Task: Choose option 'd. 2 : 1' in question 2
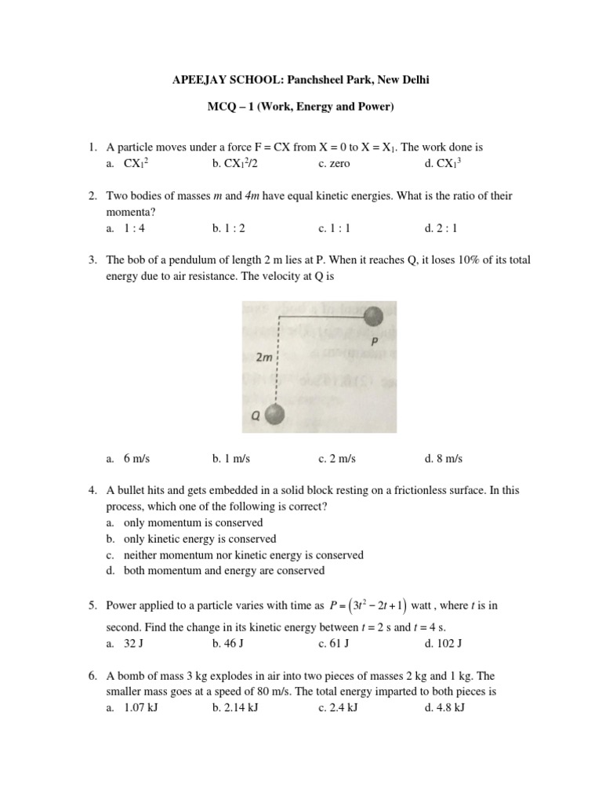(x=441, y=228)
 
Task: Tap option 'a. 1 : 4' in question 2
(x=129, y=228)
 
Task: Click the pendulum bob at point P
(x=375, y=315)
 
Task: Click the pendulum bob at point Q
(x=274, y=414)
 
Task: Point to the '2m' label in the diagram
(x=264, y=358)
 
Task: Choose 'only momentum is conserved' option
(x=193, y=522)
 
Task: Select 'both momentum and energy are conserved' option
(x=223, y=571)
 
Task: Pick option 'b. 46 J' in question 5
(x=228, y=644)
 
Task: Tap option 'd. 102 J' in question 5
(x=444, y=644)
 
